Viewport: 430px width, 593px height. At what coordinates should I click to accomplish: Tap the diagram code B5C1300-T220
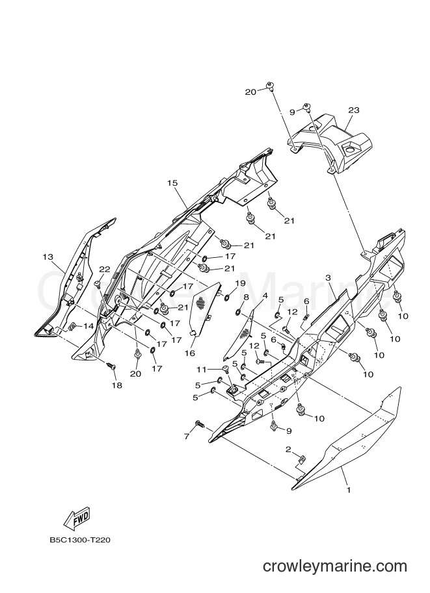pyautogui.click(x=80, y=540)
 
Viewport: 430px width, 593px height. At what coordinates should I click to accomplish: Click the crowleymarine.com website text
pyautogui.click(x=335, y=566)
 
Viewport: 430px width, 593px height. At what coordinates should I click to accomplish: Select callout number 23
pyautogui.click(x=354, y=110)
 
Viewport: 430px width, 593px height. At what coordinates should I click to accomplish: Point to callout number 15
pyautogui.click(x=172, y=183)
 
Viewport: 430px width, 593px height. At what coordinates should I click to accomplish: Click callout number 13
pyautogui.click(x=48, y=257)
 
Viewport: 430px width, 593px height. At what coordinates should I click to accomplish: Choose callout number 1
pyautogui.click(x=349, y=490)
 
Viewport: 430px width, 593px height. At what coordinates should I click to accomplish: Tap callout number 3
pyautogui.click(x=328, y=278)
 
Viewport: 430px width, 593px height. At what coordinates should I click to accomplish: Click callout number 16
pyautogui.click(x=190, y=353)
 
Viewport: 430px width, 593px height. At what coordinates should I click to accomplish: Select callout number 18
pyautogui.click(x=117, y=385)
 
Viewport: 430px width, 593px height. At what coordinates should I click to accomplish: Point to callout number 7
pyautogui.click(x=187, y=437)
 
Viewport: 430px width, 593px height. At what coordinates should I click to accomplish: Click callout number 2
pyautogui.click(x=288, y=449)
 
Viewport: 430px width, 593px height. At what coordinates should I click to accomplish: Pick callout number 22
pyautogui.click(x=105, y=270)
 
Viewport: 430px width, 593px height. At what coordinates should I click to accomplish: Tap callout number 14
pyautogui.click(x=88, y=325)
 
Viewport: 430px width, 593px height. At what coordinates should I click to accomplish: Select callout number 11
pyautogui.click(x=201, y=369)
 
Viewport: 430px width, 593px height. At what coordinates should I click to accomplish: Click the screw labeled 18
pyautogui.click(x=111, y=366)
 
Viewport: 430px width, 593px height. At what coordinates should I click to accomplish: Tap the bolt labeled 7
pyautogui.click(x=199, y=424)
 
